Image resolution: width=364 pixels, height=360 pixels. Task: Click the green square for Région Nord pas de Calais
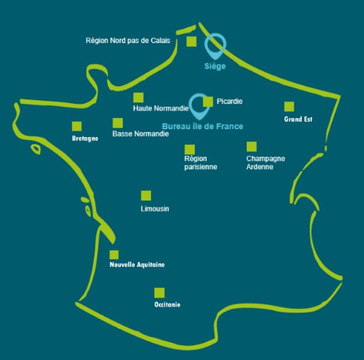(191, 42)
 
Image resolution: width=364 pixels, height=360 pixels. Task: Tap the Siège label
(215, 66)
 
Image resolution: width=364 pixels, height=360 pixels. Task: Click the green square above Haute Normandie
(138, 97)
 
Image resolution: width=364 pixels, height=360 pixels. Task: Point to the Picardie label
(229, 102)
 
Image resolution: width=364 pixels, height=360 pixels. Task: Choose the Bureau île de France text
(202, 126)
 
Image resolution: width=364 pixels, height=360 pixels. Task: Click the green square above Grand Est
(289, 107)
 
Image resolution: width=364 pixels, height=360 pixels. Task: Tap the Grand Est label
(298, 119)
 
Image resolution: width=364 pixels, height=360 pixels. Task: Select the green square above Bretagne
(77, 126)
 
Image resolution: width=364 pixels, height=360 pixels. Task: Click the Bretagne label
(85, 138)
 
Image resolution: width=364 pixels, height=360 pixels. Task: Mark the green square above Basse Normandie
(118, 123)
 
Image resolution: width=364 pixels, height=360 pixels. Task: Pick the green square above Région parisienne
(190, 150)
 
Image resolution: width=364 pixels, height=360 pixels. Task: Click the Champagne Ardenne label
(265, 162)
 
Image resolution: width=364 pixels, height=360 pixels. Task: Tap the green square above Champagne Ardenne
(252, 147)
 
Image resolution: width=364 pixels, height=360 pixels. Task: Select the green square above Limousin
(146, 196)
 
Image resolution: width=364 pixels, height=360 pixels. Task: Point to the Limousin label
(155, 209)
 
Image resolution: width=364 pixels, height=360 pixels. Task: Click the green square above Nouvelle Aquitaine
(114, 255)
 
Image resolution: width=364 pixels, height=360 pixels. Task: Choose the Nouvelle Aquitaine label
(137, 265)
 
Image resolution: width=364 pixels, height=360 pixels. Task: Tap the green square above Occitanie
(159, 293)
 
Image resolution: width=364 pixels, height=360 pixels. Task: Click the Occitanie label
(167, 304)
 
